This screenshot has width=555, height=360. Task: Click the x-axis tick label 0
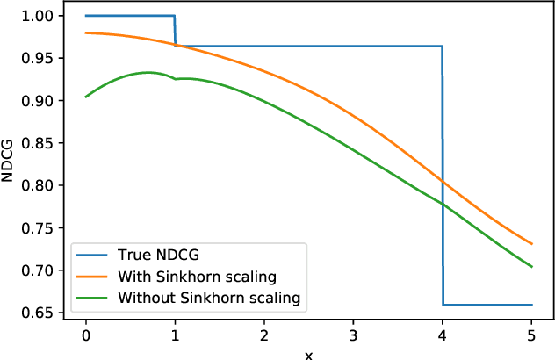click(86, 335)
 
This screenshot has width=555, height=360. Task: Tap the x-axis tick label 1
click(175, 335)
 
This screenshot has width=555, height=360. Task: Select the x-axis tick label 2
click(264, 335)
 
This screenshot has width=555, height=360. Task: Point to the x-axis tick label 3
click(353, 335)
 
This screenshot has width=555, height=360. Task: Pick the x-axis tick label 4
click(443, 335)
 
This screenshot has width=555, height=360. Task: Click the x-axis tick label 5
click(531, 335)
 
